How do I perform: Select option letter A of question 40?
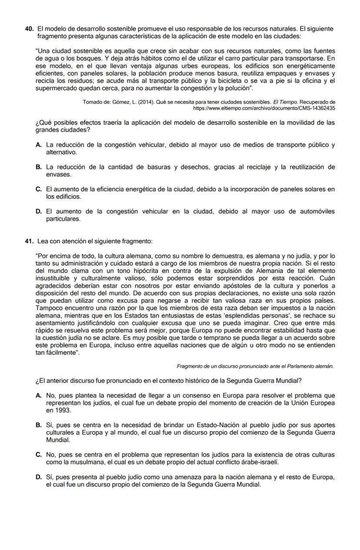39,145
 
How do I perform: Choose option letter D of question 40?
39,212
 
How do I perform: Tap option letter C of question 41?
39,455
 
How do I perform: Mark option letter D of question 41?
39,477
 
